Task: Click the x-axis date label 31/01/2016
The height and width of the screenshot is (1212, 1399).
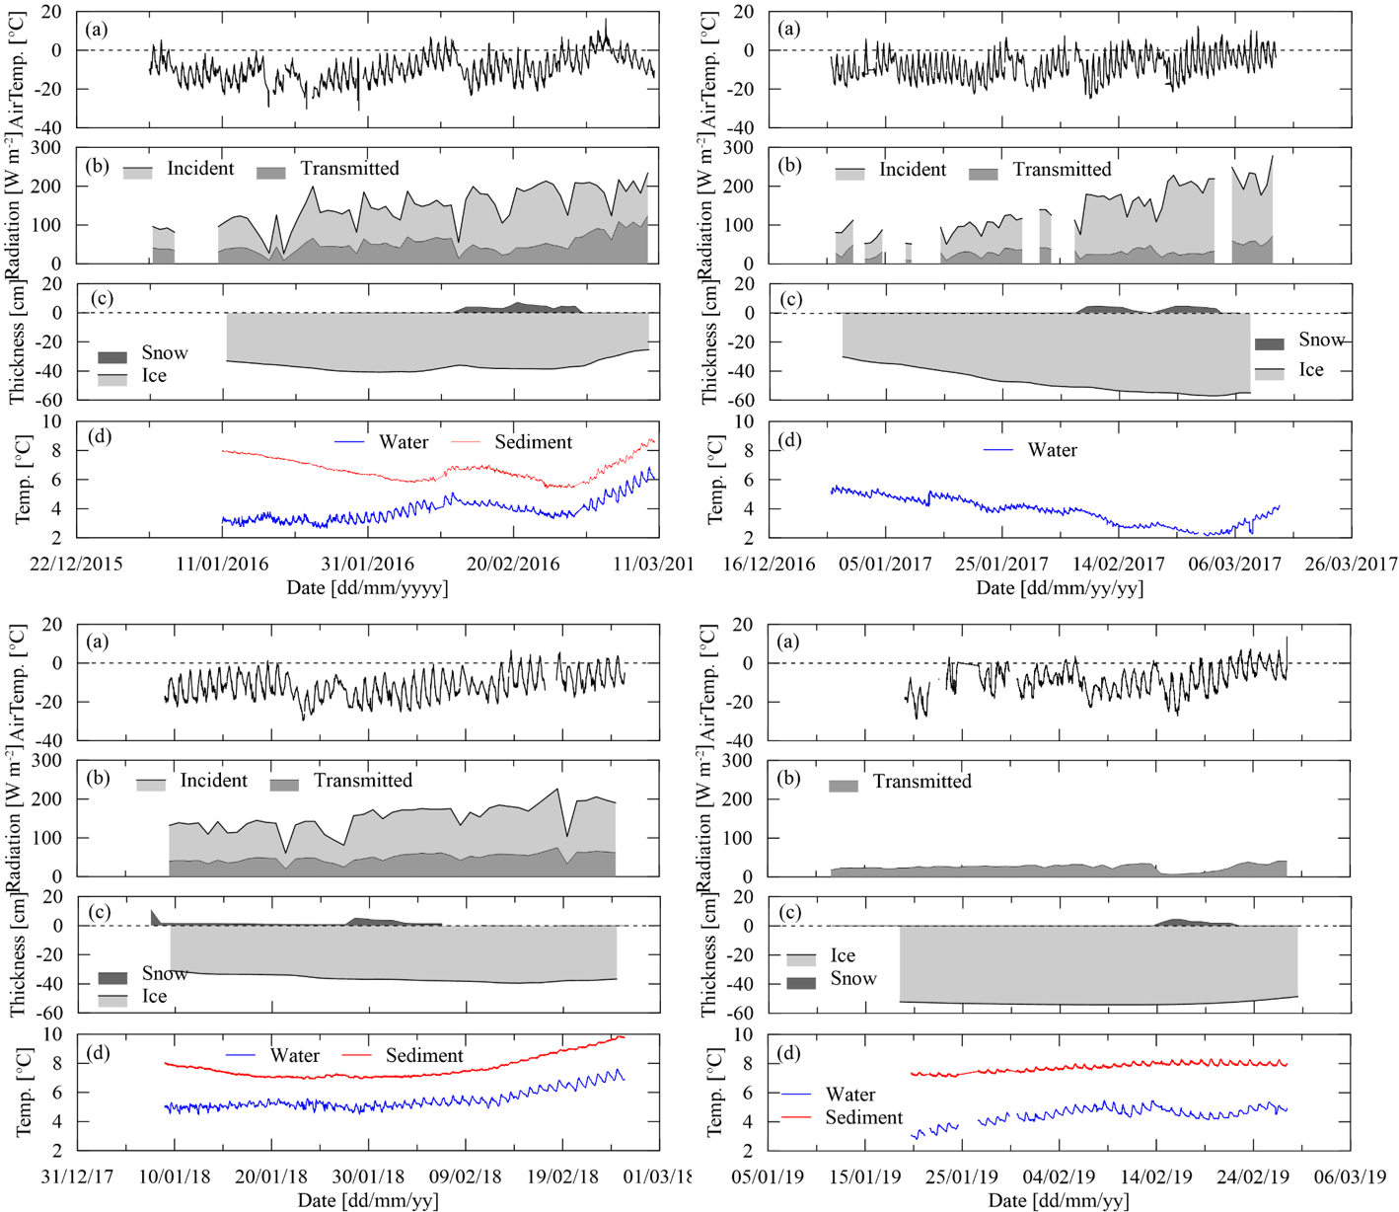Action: coord(368,565)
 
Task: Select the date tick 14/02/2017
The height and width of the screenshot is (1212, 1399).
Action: coord(1119,565)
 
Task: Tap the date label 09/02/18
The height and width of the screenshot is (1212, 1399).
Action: coord(465,1177)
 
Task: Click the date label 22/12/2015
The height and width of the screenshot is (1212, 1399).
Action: coord(76,565)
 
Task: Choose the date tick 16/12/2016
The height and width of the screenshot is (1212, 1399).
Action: coord(770,565)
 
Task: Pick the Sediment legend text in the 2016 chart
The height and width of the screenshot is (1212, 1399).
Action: coord(533,442)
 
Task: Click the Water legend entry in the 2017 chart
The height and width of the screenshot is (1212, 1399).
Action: coord(1052,450)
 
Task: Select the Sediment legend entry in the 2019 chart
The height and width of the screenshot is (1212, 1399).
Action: coord(863,1117)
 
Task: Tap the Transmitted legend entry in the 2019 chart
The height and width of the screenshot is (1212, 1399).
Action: coord(921,782)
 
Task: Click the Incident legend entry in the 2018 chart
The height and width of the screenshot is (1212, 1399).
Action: coord(213,781)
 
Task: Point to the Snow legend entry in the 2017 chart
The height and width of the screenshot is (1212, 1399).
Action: coord(1321,340)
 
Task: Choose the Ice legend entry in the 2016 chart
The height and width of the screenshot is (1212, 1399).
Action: coord(154,376)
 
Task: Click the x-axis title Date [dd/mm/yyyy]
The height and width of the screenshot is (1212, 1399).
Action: coord(367,588)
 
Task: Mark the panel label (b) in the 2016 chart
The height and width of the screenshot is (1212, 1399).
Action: coord(97,165)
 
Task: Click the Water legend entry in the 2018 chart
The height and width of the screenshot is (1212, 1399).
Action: coord(294,1056)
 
